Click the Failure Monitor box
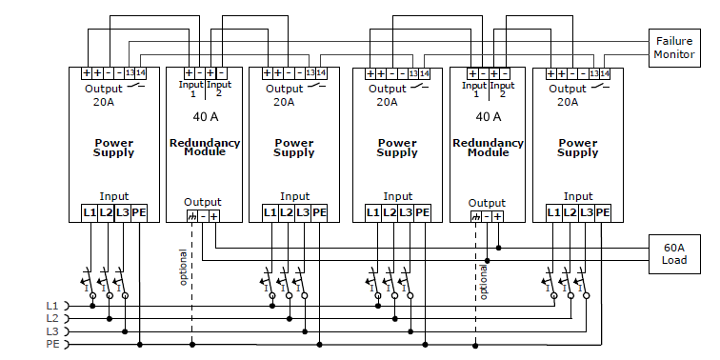pos(674,48)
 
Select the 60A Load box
pos(674,254)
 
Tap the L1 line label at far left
pos(52,306)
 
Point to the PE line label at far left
pos(52,344)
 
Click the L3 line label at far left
pos(52,331)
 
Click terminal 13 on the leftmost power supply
pos(130,73)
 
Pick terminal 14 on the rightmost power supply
pos(604,73)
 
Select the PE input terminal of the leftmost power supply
pos(139,213)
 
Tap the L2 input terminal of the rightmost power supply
pos(570,213)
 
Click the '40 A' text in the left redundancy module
pos(206,116)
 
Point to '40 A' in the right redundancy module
pos(489,116)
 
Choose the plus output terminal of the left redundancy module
pos(214,216)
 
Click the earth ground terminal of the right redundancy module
pos(476,217)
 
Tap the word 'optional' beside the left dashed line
pos(183,268)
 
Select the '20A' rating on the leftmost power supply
pos(103,102)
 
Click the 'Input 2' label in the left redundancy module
pos(219,89)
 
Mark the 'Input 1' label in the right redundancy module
pos(475,90)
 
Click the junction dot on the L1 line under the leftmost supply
pos(92,306)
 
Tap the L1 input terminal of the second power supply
pos(270,213)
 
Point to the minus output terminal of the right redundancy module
pos(487,217)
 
